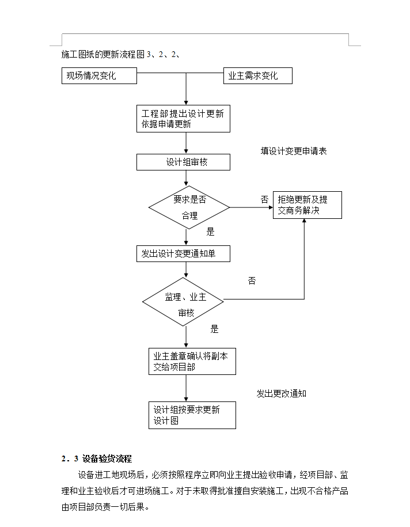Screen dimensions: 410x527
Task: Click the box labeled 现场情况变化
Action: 99,75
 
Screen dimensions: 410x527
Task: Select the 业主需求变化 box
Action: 258,75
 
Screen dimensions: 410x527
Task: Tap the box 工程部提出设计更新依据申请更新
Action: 183,119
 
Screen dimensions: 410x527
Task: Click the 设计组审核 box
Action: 183,162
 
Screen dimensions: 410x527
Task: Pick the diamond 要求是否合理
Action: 189,207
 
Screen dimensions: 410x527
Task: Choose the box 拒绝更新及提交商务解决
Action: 307,205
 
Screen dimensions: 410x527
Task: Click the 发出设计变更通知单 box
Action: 183,254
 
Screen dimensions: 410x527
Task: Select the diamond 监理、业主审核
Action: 183,302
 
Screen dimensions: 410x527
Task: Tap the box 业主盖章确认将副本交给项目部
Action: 192,361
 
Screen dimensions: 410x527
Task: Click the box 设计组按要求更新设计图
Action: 192,415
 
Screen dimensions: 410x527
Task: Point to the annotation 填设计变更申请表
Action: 293,151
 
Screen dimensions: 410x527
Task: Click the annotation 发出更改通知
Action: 281,393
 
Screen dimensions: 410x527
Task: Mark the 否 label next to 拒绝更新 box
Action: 264,200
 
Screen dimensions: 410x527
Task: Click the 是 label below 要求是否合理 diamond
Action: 210,232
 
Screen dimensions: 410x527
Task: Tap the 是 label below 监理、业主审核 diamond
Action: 214,329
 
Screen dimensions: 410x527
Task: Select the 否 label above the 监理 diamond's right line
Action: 252,281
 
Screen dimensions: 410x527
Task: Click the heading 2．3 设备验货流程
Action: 97,459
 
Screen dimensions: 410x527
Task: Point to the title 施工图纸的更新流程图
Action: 103,55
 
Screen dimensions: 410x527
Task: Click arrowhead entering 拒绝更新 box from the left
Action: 271,207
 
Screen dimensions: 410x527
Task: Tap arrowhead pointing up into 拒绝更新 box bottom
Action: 304,221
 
